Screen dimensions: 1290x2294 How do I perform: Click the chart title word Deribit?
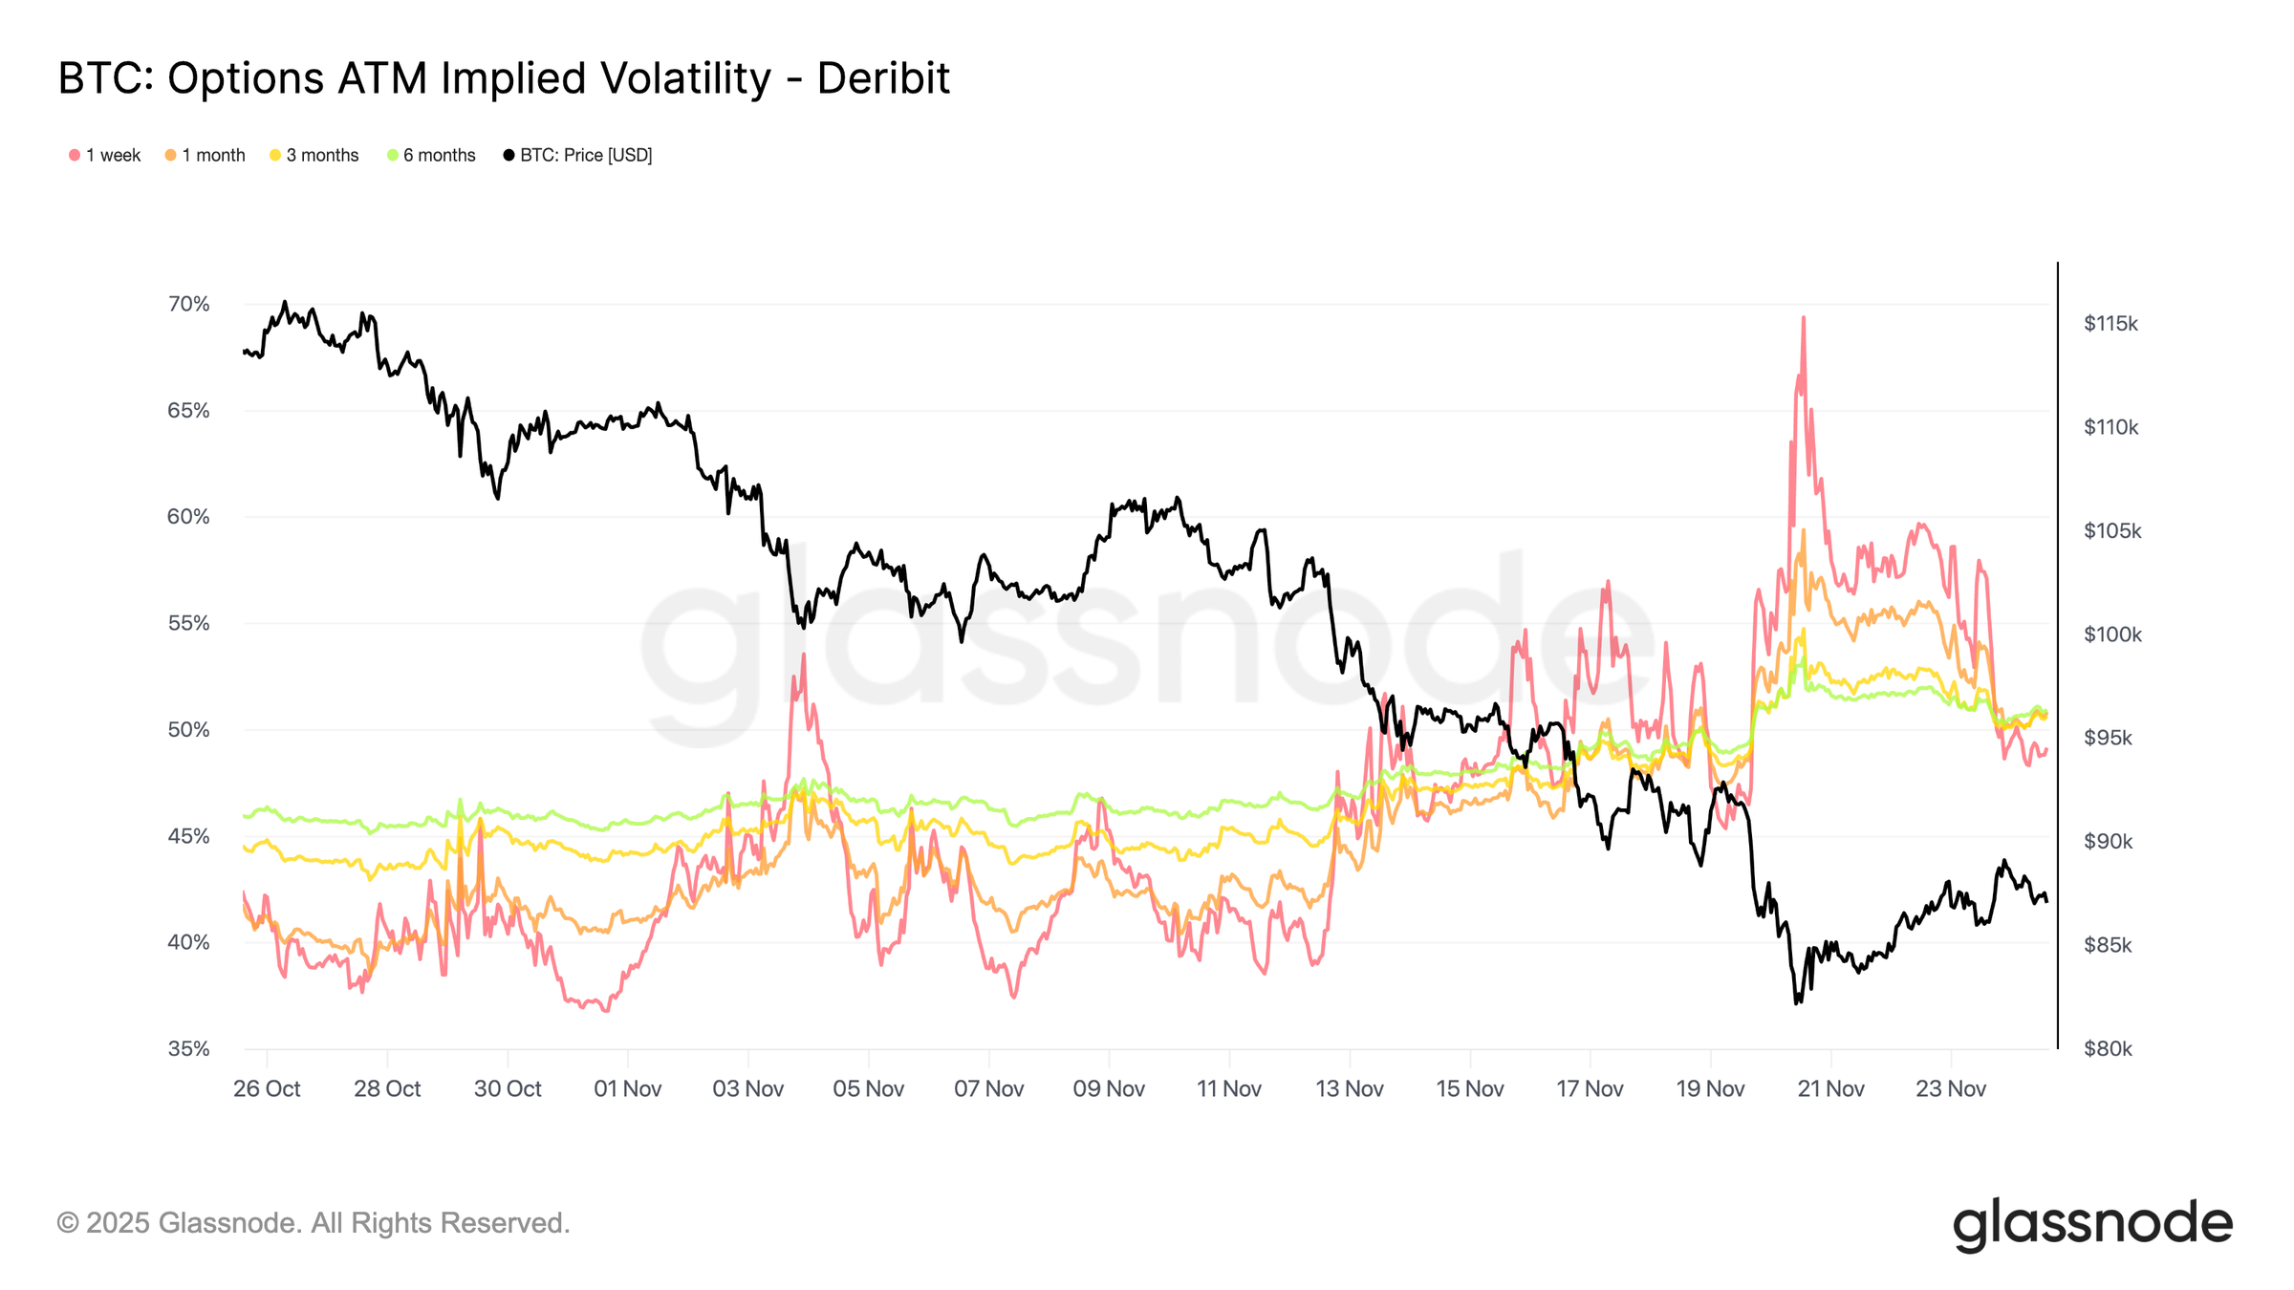coord(883,78)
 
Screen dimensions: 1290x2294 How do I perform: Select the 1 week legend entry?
coord(105,155)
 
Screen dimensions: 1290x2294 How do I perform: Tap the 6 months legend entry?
coord(431,155)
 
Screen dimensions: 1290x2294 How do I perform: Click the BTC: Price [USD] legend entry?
coord(577,155)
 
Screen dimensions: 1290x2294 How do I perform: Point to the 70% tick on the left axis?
coord(188,304)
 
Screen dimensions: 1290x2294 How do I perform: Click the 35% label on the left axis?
coord(188,1048)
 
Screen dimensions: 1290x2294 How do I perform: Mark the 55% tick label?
coord(188,623)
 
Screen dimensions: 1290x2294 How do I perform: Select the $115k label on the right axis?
coord(2110,323)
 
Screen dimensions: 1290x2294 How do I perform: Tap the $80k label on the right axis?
coord(2108,1048)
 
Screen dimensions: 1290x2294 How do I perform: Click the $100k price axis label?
coord(2112,634)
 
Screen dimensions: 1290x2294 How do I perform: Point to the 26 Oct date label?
coord(267,1088)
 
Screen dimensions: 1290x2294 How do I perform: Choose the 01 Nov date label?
coord(627,1088)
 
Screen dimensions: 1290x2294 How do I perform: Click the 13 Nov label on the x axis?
coord(1349,1088)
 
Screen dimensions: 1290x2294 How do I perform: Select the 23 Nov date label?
coord(1950,1088)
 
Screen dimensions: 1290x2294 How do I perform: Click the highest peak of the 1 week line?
coord(1803,318)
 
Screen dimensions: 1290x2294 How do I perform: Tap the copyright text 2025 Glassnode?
coord(314,1223)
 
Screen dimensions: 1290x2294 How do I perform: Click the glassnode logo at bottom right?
coord(2091,1223)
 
